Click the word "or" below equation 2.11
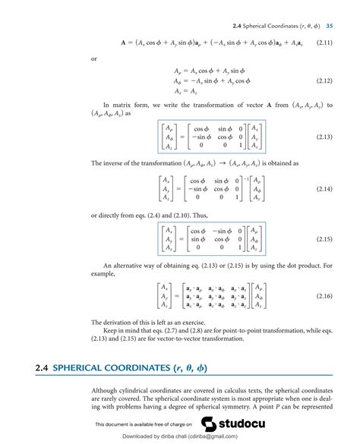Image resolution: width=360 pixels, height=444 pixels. point(93,57)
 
